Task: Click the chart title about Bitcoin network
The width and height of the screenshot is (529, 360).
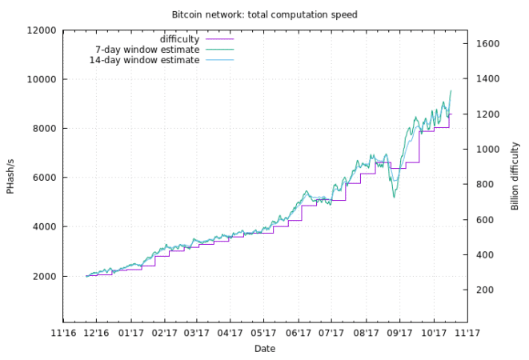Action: [264, 14]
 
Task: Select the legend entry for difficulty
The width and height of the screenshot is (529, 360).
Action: [179, 38]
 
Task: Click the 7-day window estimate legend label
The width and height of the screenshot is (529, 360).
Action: [147, 50]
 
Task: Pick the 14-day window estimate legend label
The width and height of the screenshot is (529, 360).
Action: [144, 60]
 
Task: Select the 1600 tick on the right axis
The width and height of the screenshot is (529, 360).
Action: [489, 44]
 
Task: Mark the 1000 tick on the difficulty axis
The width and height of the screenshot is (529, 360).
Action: [489, 150]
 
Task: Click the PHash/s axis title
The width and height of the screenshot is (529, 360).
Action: [11, 176]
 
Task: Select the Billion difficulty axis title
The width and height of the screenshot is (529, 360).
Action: [515, 176]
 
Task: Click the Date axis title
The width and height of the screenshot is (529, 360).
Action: [265, 348]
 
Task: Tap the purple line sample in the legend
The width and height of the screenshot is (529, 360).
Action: [219, 38]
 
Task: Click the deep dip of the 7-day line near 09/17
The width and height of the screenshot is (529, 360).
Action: [394, 196]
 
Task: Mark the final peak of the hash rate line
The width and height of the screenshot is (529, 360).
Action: [451, 90]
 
